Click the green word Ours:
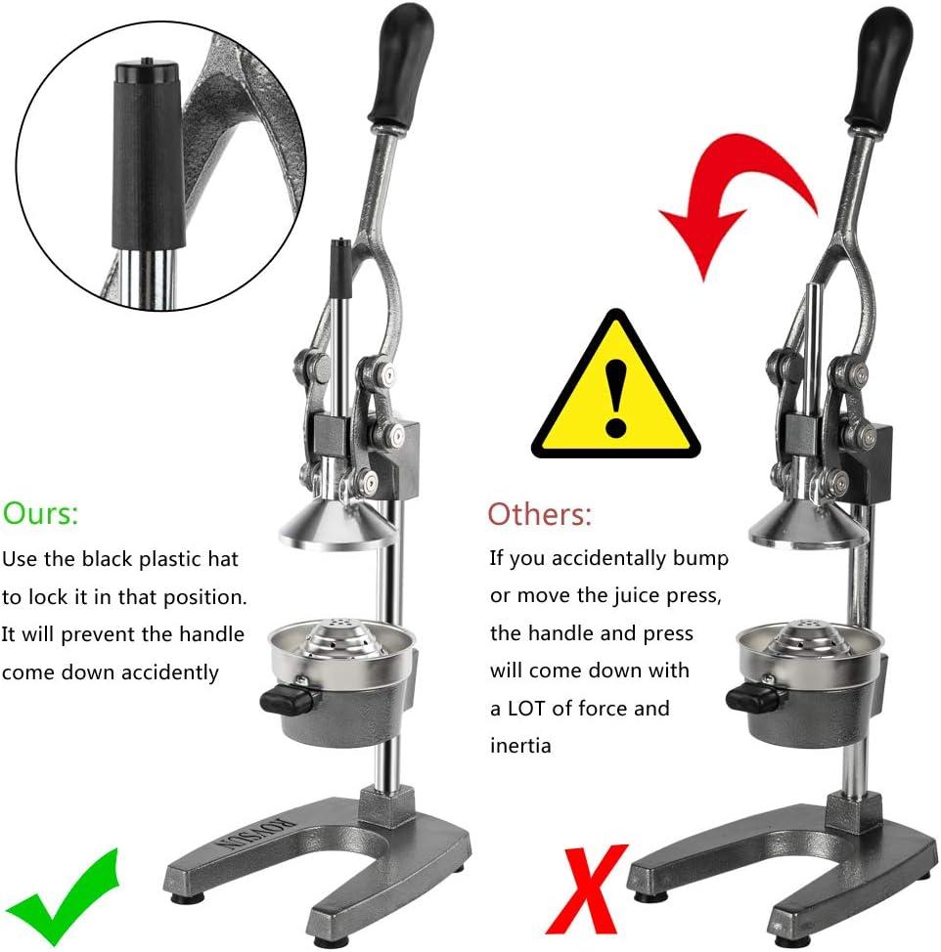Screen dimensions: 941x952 pos(40,513)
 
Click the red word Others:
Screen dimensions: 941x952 pos(539,514)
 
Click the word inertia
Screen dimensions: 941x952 pos(520,745)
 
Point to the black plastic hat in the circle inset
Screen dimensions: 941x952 pos(148,154)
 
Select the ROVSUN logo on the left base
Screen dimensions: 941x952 pos(258,835)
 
